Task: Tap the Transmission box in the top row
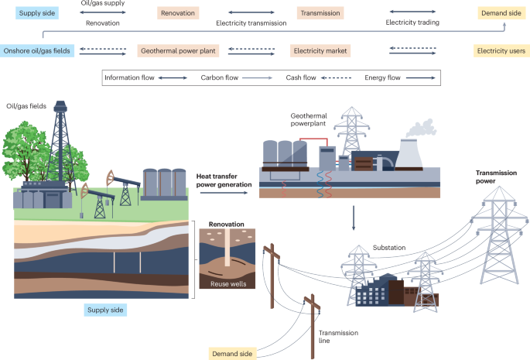click(320, 14)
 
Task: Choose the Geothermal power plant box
click(178, 51)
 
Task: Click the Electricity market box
click(320, 51)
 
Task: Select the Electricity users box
click(501, 51)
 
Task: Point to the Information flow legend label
click(128, 78)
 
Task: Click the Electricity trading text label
click(412, 23)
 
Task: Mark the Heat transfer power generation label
click(224, 180)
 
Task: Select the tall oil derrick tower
click(59, 147)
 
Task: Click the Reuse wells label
click(226, 284)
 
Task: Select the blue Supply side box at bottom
click(104, 310)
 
